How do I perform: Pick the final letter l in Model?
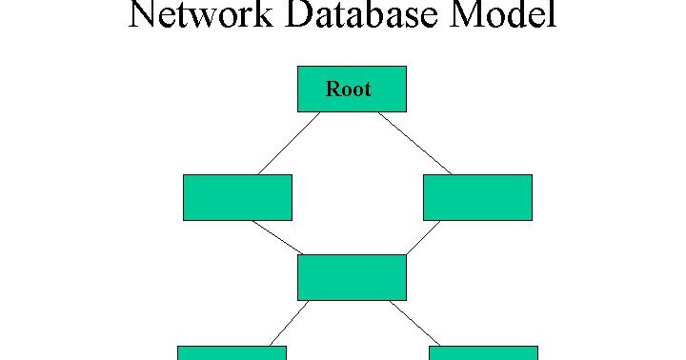552,14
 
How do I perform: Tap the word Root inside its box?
348,90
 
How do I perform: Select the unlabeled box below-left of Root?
237,197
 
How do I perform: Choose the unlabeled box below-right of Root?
477,197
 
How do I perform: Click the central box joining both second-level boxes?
352,277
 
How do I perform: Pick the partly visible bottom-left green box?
232,353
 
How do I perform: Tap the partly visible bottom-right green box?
483,353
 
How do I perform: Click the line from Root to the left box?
289,143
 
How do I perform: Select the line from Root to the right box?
414,143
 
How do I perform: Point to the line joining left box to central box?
277,237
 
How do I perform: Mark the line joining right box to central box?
423,237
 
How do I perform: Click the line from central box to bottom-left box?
290,323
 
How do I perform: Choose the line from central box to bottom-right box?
415,323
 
